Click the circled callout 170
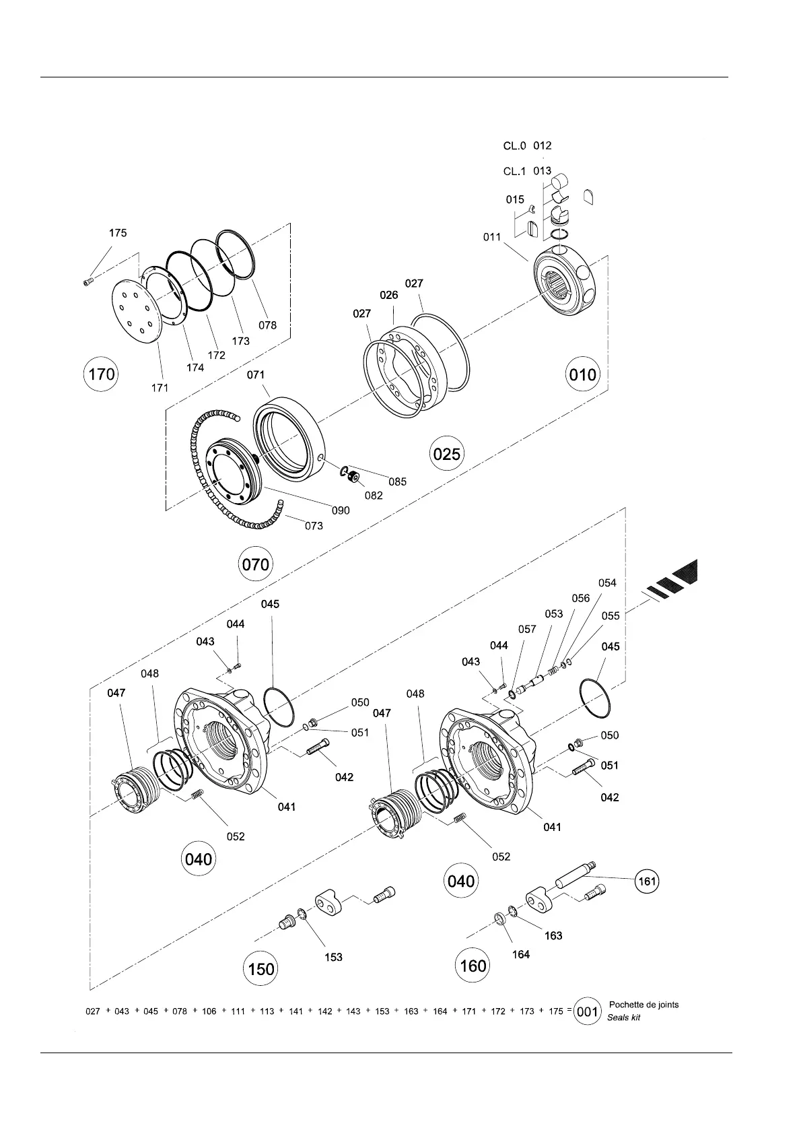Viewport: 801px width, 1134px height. (x=102, y=373)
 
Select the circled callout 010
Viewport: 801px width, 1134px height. (x=583, y=374)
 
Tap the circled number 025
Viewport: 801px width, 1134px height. (x=447, y=454)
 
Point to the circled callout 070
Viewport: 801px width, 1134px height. (x=255, y=564)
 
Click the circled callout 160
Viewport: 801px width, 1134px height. (x=473, y=966)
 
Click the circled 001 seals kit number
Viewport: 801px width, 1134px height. (x=588, y=1011)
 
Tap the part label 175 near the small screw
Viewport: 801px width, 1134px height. (x=118, y=233)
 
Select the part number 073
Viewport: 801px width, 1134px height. (x=314, y=526)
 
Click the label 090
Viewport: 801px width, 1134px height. (x=341, y=510)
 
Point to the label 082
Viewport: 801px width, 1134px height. (x=374, y=496)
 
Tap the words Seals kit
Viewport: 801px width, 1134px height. (x=624, y=1018)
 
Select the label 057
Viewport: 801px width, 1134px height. (x=527, y=629)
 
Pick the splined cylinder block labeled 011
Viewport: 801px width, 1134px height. (x=564, y=283)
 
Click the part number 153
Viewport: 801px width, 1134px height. (x=333, y=957)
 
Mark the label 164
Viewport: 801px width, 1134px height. (x=521, y=954)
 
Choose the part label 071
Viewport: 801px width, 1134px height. (x=256, y=375)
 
